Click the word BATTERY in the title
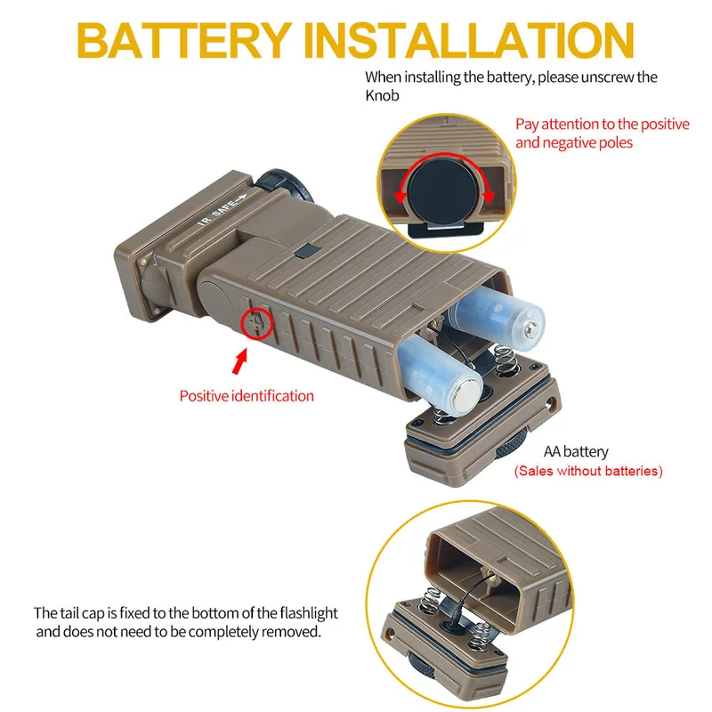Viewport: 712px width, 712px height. point(184,40)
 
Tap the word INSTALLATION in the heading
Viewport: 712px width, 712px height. point(469,40)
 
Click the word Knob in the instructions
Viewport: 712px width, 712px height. point(382,96)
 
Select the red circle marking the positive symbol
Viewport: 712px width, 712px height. point(256,323)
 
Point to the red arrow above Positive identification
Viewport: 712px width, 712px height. point(239,361)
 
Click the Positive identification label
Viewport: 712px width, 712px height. point(247,396)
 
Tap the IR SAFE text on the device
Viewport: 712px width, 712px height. point(222,209)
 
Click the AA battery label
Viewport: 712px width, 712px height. point(576,452)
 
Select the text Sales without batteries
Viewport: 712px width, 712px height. point(588,471)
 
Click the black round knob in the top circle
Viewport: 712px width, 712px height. point(442,190)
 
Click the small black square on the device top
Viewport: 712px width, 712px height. point(307,251)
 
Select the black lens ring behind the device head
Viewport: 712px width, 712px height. point(286,183)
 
